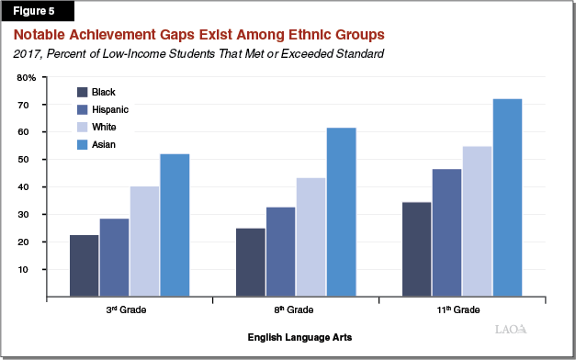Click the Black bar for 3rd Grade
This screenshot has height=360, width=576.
pyautogui.click(x=85, y=266)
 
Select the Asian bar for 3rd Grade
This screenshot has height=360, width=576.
pyautogui.click(x=175, y=225)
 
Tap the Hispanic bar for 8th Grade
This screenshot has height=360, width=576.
pyautogui.click(x=280, y=253)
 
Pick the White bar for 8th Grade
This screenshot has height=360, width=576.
pyautogui.click(x=311, y=238)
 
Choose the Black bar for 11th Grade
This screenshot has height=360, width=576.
pyautogui.click(x=416, y=249)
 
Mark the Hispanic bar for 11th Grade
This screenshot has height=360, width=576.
pyautogui.click(x=446, y=232)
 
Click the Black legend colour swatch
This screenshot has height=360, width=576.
pyautogui.click(x=82, y=93)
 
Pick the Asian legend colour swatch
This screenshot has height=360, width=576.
pyautogui.click(x=82, y=144)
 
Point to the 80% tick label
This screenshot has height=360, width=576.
pyautogui.click(x=27, y=77)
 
